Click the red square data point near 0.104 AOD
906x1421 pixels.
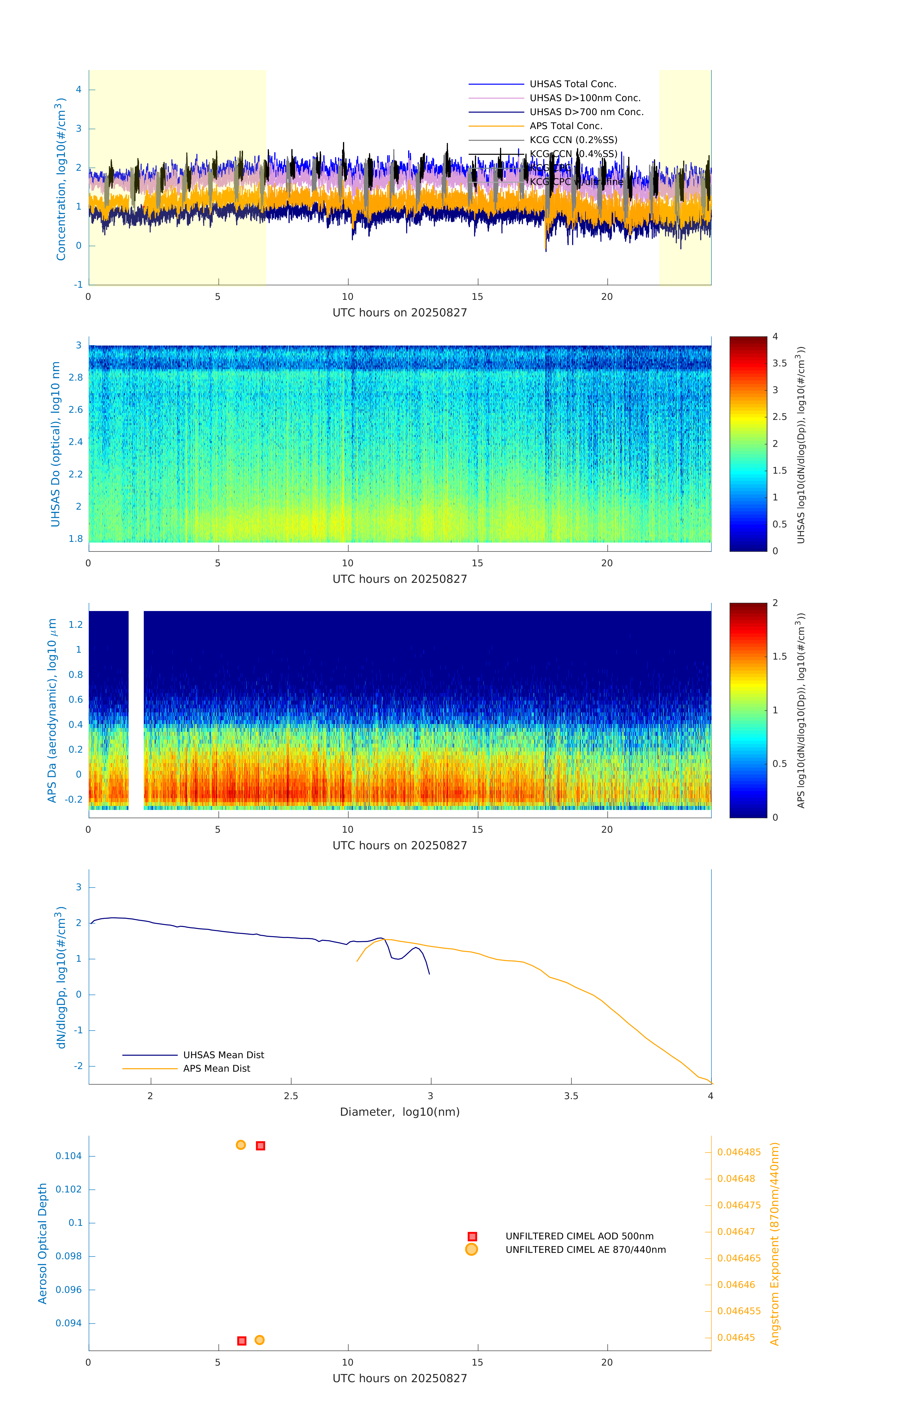point(260,1145)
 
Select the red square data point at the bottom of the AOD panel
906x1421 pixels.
point(241,1341)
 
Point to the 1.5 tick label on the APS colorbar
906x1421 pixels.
point(780,656)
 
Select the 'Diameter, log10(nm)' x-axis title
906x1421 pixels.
point(400,1112)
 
